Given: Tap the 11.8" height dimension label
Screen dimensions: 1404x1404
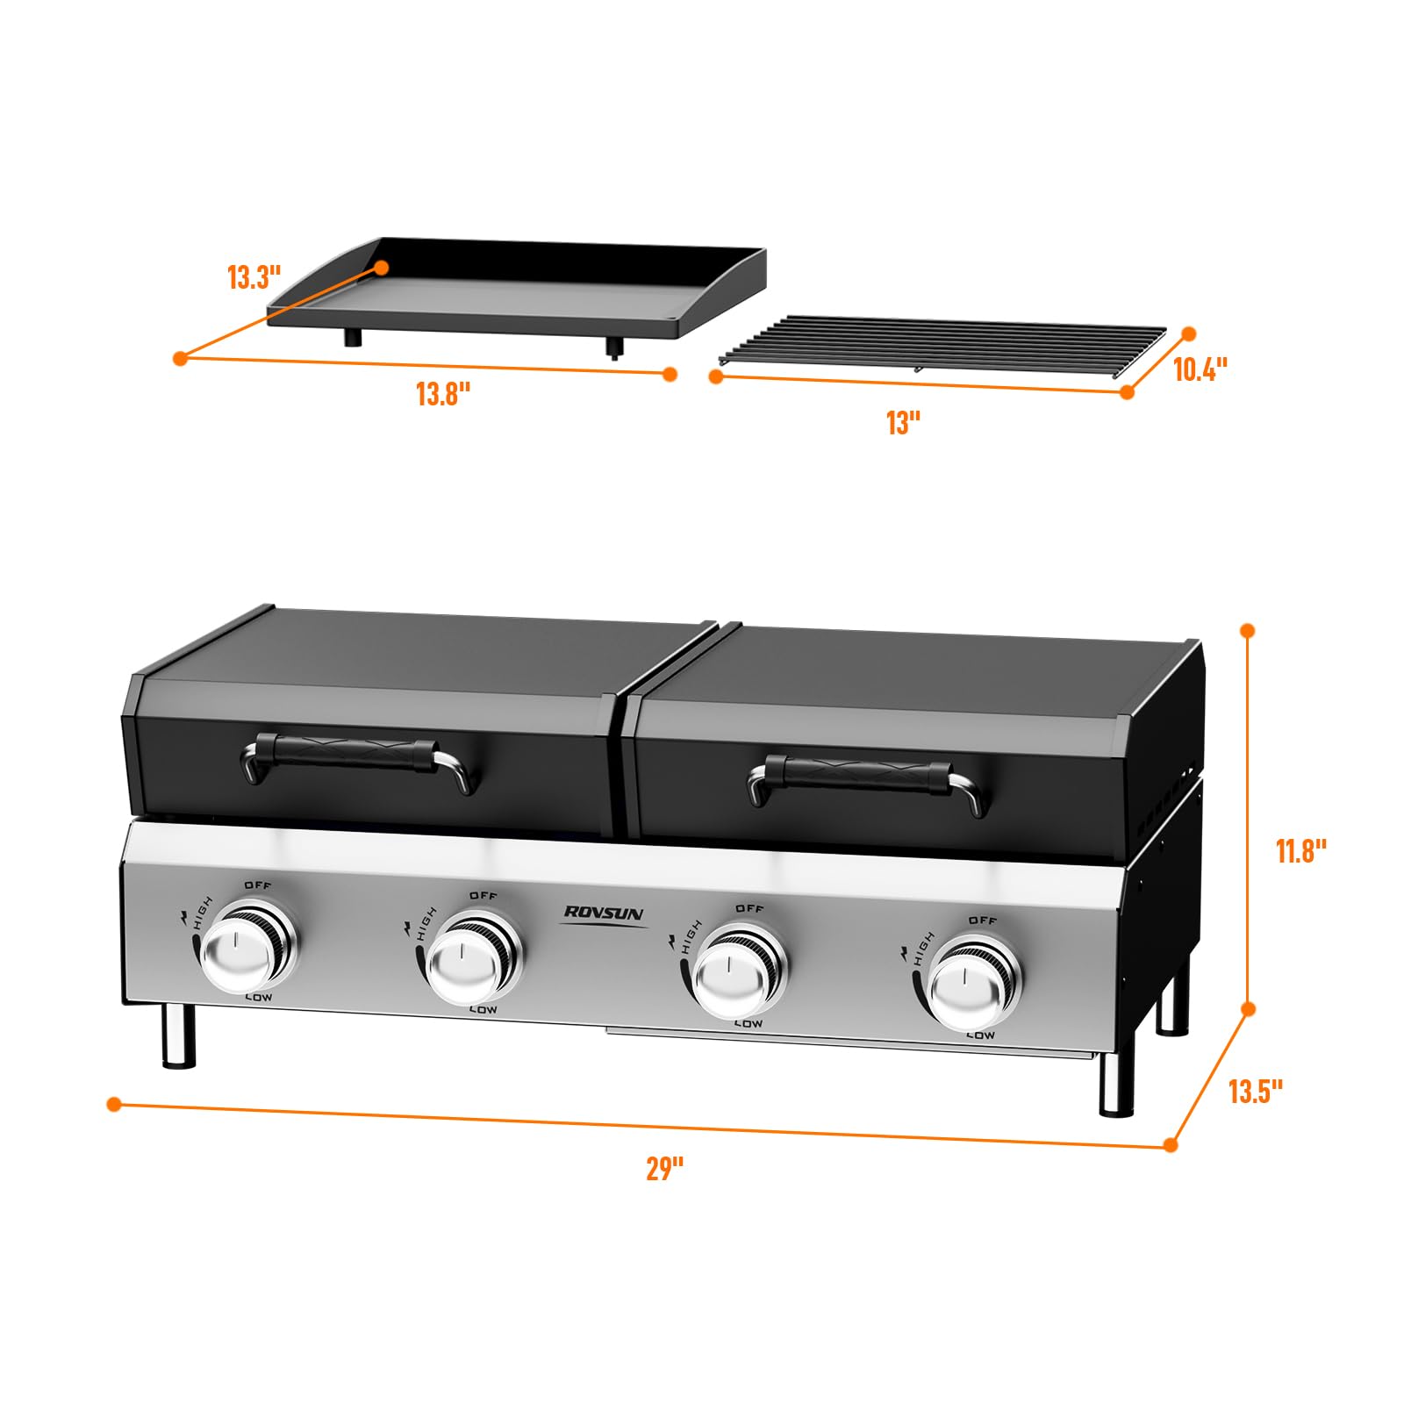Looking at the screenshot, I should point(1300,850).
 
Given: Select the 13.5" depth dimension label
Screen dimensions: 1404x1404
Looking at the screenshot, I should point(1255,1092).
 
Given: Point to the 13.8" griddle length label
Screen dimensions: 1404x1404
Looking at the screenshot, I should point(443,394).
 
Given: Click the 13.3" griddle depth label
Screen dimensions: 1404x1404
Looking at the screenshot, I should point(254,277).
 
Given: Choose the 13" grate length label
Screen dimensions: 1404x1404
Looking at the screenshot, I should point(903,423).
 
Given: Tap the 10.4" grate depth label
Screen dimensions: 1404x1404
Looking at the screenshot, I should point(1200,369).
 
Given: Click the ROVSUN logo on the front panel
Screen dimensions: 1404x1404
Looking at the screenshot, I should point(604,913).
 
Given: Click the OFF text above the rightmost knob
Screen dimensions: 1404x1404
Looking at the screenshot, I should point(983,920).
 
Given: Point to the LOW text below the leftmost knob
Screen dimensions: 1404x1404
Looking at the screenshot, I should point(258,998).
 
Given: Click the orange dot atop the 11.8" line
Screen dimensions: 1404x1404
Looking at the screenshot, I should point(1248,630).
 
